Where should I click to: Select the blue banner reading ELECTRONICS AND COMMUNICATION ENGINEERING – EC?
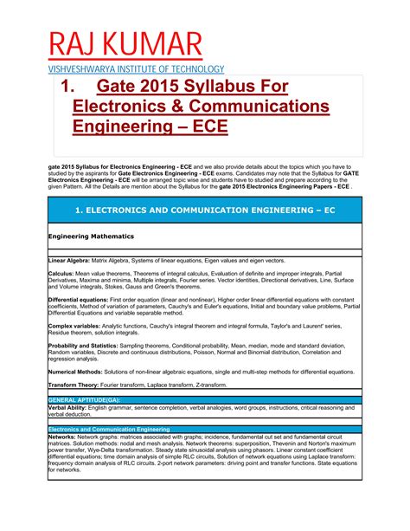click(204, 210)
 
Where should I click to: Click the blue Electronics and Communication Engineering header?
click(111, 428)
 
